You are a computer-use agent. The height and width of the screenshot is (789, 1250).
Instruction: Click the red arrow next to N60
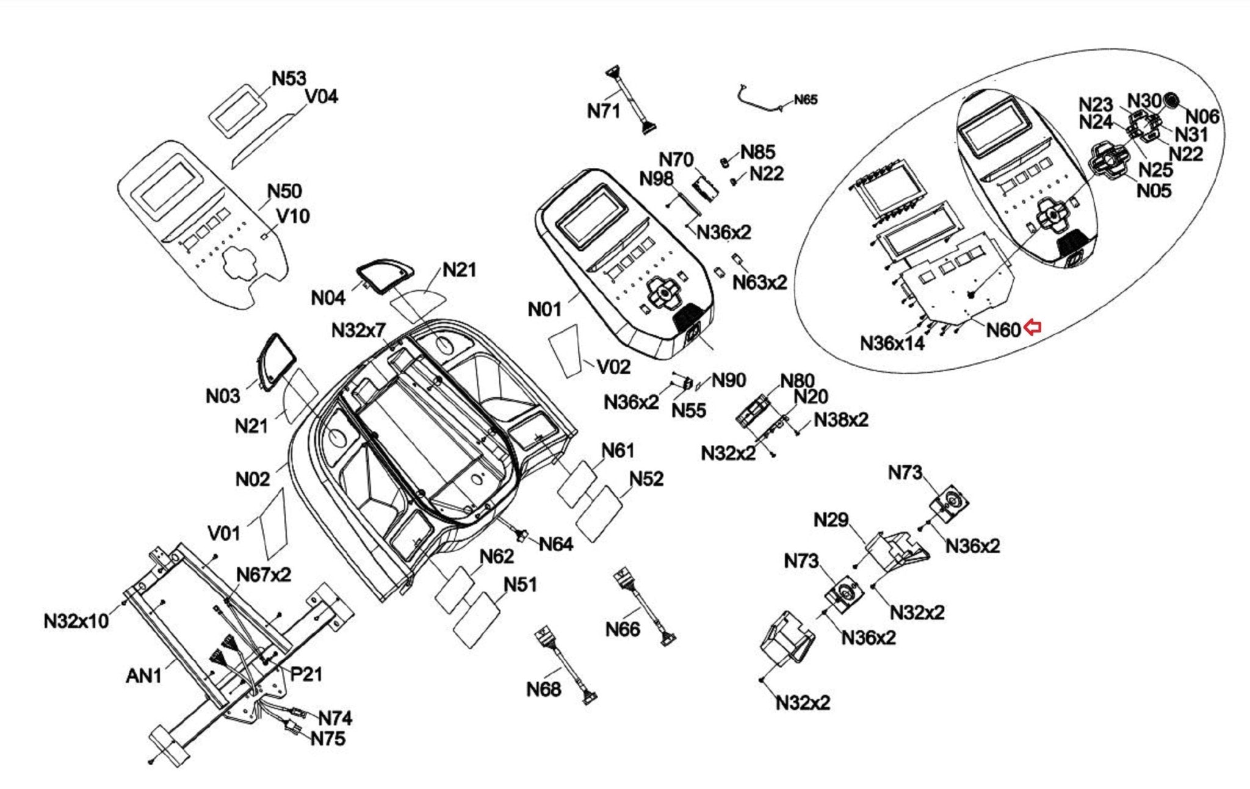point(1032,328)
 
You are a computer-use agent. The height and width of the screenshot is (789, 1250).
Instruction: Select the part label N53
point(289,79)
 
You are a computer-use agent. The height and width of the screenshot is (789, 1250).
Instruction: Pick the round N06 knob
point(1171,100)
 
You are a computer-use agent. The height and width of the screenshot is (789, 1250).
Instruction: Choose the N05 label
point(1154,190)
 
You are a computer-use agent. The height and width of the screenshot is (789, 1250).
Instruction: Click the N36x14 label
point(892,343)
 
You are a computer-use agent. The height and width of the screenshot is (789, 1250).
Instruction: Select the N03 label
point(223,395)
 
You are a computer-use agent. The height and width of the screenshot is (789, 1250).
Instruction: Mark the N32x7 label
point(358,330)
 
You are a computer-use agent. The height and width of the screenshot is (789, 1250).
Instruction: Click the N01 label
point(544,309)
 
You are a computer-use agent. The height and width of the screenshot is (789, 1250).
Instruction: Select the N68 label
point(543,689)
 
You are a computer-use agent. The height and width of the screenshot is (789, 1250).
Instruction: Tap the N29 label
point(831,520)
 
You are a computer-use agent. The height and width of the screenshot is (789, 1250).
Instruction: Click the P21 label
point(306,674)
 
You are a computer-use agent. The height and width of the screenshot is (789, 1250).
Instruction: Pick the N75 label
point(328,738)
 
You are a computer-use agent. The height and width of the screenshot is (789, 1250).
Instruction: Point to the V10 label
point(293,216)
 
